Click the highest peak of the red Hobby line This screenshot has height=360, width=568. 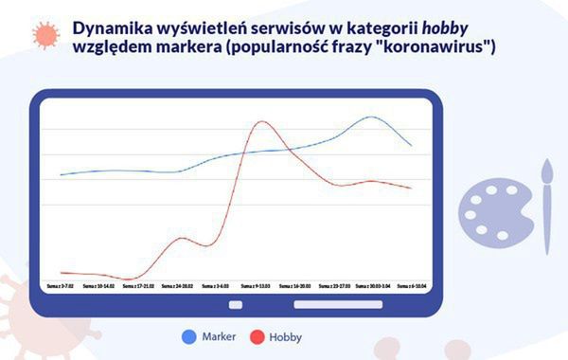(x=261, y=122)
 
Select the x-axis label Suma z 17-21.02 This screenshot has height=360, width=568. (x=138, y=284)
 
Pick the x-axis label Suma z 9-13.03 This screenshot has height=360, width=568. (x=256, y=284)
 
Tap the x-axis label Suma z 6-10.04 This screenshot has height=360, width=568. (x=410, y=284)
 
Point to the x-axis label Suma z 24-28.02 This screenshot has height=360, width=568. (x=177, y=284)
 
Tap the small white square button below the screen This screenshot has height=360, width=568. (x=236, y=304)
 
